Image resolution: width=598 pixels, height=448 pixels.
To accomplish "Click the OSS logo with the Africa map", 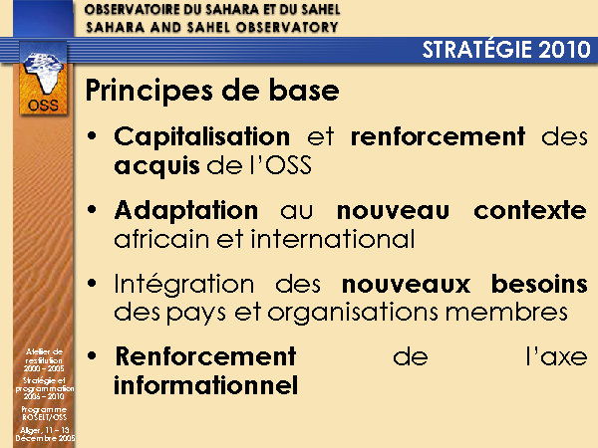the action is [x=43, y=79].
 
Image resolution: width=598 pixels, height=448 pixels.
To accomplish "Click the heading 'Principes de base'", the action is [x=212, y=91].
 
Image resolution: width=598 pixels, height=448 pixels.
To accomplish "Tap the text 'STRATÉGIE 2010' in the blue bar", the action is [x=506, y=50].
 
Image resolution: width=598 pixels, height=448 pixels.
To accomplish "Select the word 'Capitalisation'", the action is [x=202, y=137].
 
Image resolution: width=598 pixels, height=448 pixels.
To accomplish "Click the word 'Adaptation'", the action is [x=186, y=211].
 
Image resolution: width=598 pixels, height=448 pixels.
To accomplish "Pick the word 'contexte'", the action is [x=530, y=210].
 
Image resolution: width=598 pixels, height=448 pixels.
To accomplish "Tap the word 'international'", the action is [x=333, y=239].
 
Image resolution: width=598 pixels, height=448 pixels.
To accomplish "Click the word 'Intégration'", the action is [x=184, y=285].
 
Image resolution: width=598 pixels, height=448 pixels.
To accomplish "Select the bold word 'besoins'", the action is [x=539, y=284].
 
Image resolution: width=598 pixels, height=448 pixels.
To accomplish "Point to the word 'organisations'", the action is [x=353, y=314].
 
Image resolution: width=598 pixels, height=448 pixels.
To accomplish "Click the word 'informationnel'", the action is [x=206, y=385].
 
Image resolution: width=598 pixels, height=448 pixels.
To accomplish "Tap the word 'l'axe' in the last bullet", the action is [x=556, y=357].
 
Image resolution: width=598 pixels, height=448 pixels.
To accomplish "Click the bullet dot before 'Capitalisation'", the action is [x=92, y=135].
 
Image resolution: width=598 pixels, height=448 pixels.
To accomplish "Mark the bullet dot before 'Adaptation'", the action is [x=92, y=209].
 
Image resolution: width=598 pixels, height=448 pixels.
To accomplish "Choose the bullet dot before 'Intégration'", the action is [x=92, y=283].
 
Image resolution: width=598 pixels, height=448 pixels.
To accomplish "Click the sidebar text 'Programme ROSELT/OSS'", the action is [x=44, y=413].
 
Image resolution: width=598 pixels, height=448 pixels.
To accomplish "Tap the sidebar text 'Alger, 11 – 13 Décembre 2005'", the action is [x=45, y=434].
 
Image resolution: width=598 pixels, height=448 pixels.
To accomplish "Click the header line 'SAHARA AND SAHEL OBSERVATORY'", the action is [x=212, y=27].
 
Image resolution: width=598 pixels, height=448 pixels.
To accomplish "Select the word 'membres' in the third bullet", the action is [x=507, y=313].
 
